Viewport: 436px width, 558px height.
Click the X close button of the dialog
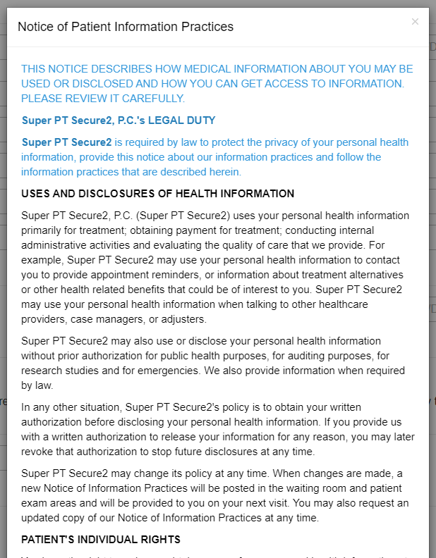click(x=415, y=22)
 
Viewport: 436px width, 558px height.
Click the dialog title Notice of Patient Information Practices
click(x=126, y=27)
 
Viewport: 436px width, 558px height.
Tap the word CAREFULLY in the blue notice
click(x=155, y=98)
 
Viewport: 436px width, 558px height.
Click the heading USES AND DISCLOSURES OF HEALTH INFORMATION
click(x=158, y=194)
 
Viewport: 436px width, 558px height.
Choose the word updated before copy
click(x=42, y=518)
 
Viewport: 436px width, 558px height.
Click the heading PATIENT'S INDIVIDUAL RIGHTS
click(x=101, y=540)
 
